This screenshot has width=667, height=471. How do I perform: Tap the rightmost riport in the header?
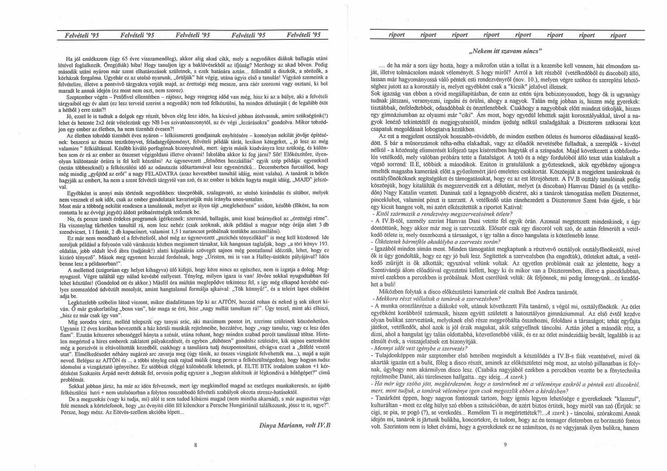click(618, 35)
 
